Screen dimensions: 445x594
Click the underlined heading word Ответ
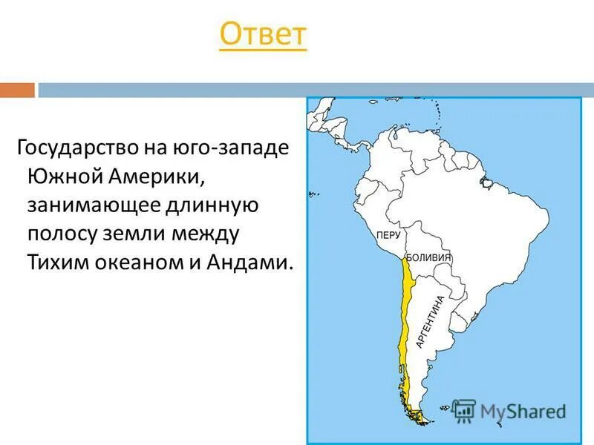tap(263, 36)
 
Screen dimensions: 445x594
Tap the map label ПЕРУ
tap(388, 234)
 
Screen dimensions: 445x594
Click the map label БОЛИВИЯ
tap(429, 257)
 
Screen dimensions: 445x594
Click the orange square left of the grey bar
tap(17, 90)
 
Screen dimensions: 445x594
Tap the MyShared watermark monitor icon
tap(463, 409)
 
